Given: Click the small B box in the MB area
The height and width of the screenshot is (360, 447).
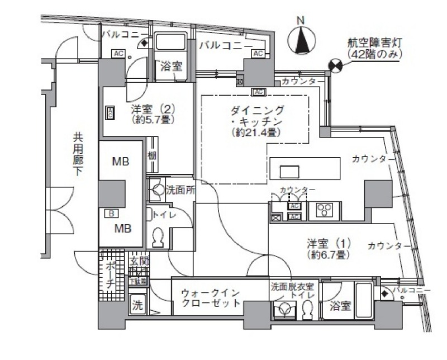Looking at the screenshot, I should (x=111, y=213).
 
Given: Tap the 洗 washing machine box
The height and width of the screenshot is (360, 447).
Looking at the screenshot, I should (x=137, y=305).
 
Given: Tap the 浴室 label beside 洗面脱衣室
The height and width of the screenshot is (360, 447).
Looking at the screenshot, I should (x=340, y=306).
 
